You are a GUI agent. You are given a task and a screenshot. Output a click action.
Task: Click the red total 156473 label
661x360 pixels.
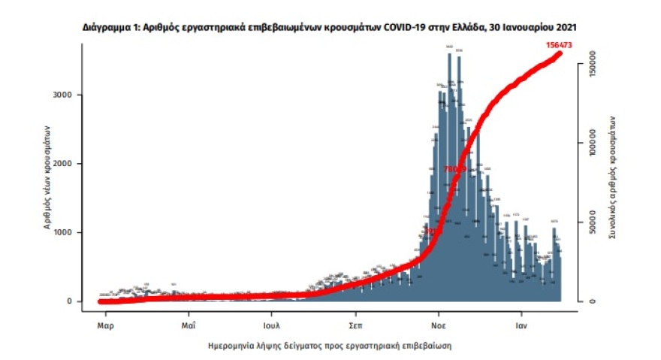pos(559,46)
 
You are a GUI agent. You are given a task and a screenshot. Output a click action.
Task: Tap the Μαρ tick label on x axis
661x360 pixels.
pos(104,327)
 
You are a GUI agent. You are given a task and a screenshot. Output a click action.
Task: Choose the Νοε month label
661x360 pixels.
pos(439,327)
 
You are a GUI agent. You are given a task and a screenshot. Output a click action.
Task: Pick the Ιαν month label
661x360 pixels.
pos(521,327)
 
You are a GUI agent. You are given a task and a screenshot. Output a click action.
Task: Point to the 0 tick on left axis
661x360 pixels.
pos(69,301)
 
